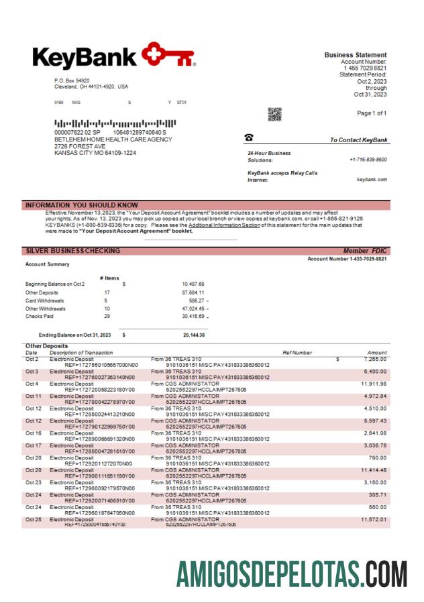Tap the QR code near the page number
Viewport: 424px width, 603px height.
[x=275, y=114]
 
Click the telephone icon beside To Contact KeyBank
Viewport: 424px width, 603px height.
[x=249, y=138]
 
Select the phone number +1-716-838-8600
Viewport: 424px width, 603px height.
[x=368, y=160]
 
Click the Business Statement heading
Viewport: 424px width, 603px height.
[x=355, y=55]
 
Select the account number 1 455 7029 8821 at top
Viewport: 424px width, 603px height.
[x=365, y=68]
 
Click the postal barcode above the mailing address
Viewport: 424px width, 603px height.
[x=115, y=123]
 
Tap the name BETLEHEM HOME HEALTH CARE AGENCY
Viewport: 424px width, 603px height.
[x=103, y=140]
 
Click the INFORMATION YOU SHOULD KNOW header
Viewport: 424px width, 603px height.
[x=81, y=205]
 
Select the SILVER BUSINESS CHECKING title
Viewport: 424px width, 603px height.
[x=72, y=251]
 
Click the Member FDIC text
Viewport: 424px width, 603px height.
[x=365, y=251]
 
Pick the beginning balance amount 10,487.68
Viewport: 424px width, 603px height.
[x=193, y=284]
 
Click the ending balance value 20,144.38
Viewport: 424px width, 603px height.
[x=194, y=335]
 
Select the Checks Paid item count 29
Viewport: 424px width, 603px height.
[x=107, y=316]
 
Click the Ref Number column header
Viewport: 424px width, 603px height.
[x=297, y=352]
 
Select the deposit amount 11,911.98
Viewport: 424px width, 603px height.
[x=373, y=384]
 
